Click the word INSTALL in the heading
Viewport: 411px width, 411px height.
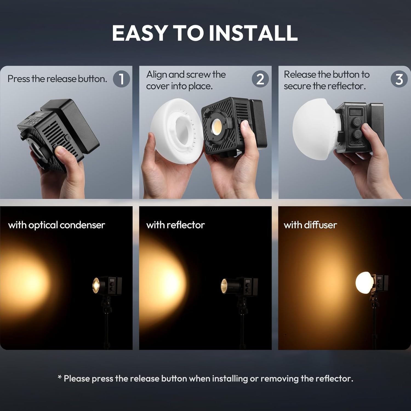[x=253, y=33]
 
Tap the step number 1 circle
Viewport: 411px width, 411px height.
[x=121, y=79]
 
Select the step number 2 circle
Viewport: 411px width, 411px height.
[x=260, y=79]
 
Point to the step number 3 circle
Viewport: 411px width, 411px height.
[x=399, y=79]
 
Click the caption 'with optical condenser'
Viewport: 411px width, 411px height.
[x=57, y=225]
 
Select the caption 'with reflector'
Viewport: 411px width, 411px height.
[x=176, y=225]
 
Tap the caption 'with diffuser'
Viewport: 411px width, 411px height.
[x=310, y=225]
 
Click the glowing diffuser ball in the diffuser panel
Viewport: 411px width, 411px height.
[x=364, y=282]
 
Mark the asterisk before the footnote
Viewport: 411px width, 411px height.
[x=60, y=378]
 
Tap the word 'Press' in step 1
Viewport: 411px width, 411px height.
[x=18, y=79]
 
